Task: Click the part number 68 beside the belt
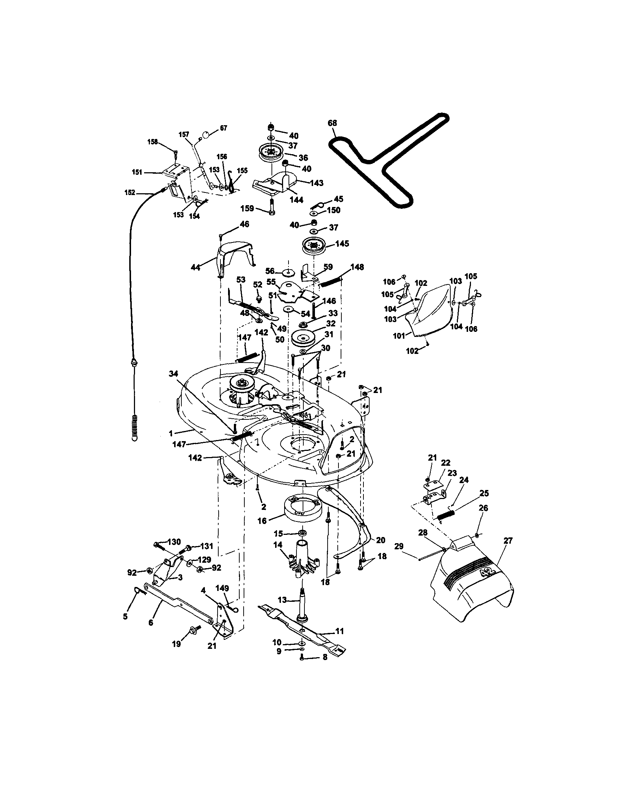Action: pyautogui.click(x=332, y=123)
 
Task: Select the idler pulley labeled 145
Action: pyautogui.click(x=314, y=245)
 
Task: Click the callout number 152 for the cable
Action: pyautogui.click(x=130, y=192)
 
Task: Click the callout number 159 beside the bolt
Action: pyautogui.click(x=247, y=208)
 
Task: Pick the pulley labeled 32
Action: pyautogui.click(x=305, y=338)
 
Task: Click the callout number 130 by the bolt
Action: pyautogui.click(x=174, y=542)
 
